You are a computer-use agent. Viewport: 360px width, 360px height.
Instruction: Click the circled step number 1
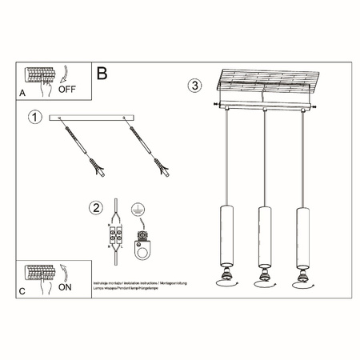point(34,118)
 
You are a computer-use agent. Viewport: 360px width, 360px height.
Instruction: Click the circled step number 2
point(97,209)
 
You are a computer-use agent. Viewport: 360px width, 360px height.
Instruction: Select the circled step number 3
point(194,85)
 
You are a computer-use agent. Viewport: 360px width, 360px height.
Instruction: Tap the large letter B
point(102,74)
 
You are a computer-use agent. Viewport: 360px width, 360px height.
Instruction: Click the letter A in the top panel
point(22,93)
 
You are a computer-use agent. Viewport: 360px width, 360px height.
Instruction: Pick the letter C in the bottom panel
point(22,291)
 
